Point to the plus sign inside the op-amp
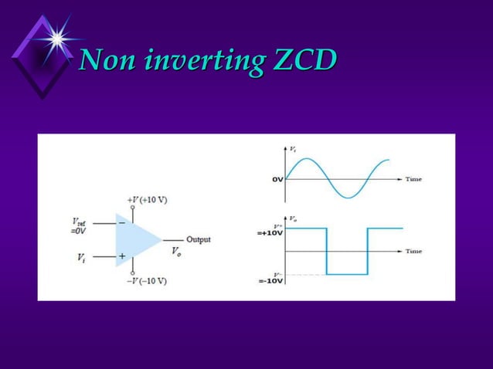pyautogui.click(x=122, y=256)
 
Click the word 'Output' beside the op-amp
pyautogui.click(x=199, y=239)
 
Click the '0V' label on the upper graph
pyautogui.click(x=277, y=179)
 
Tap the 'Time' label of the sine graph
pyautogui.click(x=413, y=179)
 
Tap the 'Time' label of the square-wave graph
pyautogui.click(x=413, y=252)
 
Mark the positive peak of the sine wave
pyautogui.click(x=307, y=160)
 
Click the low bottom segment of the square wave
pyautogui.click(x=347, y=274)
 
